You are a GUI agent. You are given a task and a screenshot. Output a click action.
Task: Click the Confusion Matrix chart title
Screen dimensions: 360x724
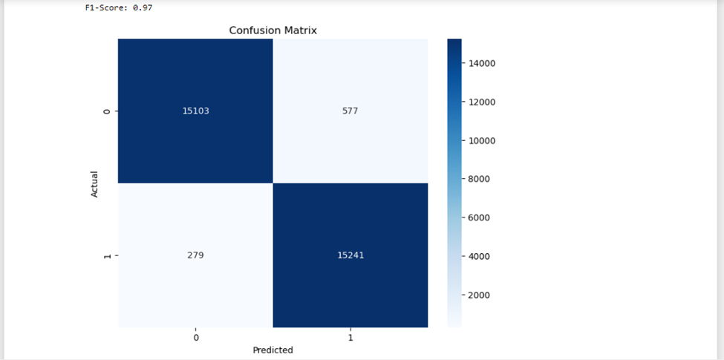[x=273, y=30]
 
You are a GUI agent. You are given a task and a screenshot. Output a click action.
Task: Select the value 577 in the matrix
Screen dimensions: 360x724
[x=350, y=111]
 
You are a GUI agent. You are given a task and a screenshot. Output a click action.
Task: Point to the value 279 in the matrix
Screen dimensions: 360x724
[x=196, y=255]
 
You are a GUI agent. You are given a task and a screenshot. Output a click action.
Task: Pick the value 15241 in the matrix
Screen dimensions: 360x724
[x=350, y=255]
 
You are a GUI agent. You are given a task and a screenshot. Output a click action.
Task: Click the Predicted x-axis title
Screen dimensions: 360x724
[x=273, y=350]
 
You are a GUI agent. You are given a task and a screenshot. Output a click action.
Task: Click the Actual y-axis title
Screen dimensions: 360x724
[x=94, y=183]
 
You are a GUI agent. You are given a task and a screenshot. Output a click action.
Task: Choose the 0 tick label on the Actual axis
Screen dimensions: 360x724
[x=106, y=111]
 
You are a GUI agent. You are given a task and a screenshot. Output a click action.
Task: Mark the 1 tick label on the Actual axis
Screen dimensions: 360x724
[x=106, y=256]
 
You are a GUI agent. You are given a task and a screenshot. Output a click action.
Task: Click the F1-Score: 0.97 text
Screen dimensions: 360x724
[x=120, y=7]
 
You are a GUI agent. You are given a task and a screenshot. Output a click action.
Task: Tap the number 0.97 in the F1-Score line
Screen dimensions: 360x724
[x=143, y=7]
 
